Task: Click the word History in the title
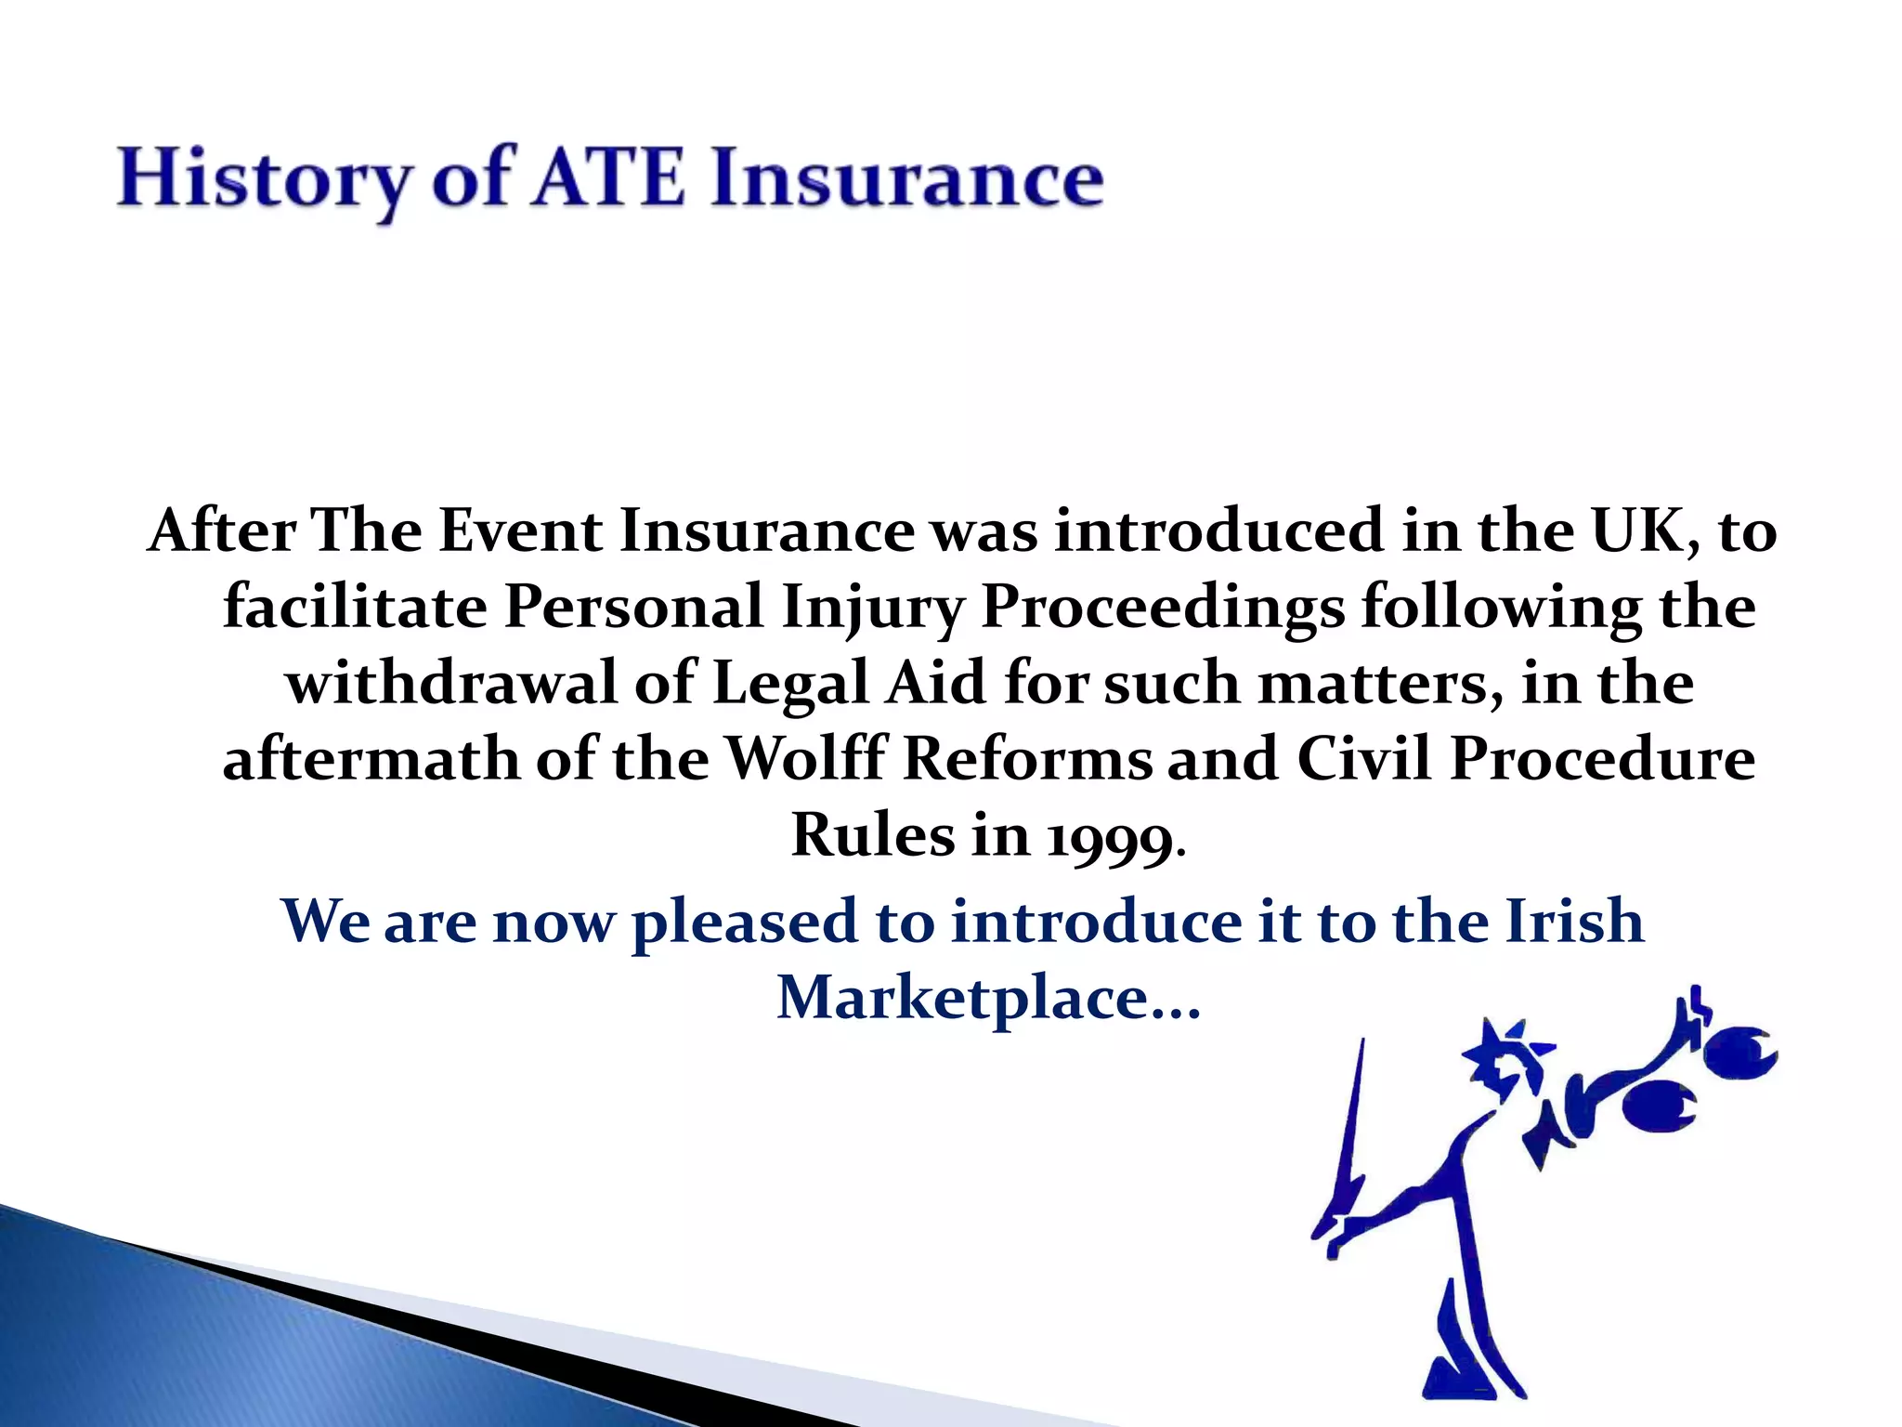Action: coord(263,178)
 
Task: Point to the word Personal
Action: coord(633,608)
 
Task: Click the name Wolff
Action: coord(805,758)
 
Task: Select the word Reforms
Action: coord(1026,758)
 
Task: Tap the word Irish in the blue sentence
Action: coord(1574,922)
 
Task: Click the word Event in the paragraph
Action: coord(520,531)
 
